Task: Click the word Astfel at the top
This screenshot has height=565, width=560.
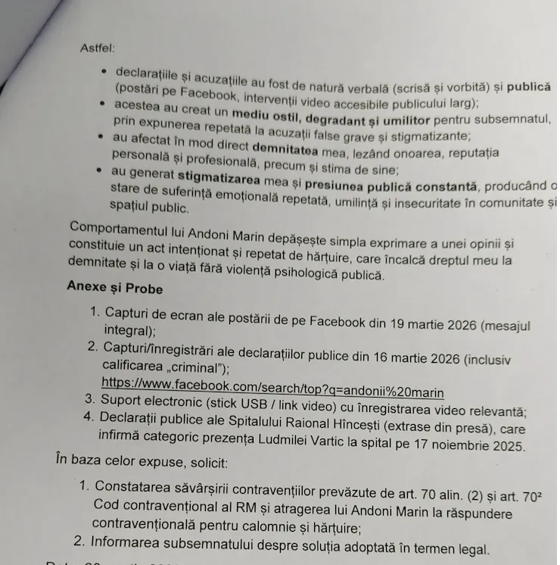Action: (97, 48)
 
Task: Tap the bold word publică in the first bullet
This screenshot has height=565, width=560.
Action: (528, 87)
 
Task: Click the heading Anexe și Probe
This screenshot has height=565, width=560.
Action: (114, 287)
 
